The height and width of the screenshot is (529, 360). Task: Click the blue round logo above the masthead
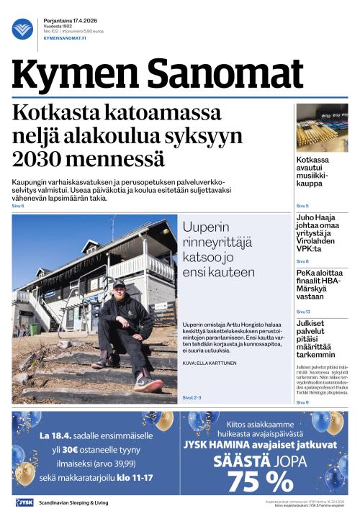coord(22,29)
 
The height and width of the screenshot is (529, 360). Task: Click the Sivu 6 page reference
coord(17,207)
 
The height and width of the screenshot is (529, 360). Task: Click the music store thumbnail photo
coord(322,127)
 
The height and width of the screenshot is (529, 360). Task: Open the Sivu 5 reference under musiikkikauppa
coord(302,206)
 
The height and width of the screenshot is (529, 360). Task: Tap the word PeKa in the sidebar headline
coord(306,273)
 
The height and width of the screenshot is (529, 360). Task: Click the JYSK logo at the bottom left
coord(24,502)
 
